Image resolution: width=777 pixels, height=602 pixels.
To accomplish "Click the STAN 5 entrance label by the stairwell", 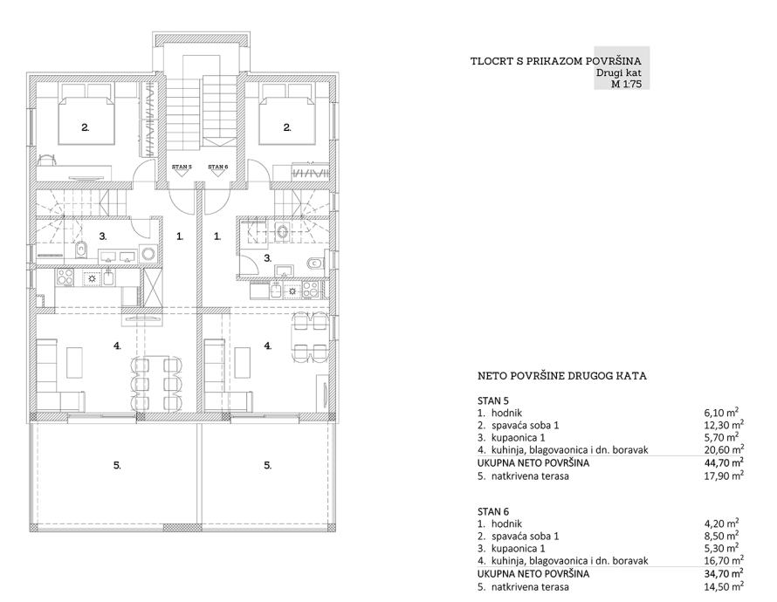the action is (x=182, y=167).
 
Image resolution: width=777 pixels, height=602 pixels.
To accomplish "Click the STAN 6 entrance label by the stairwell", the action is (x=218, y=167).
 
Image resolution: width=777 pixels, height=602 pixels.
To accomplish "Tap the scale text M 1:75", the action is (x=626, y=84).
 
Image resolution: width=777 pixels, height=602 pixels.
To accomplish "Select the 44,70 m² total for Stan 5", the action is (x=724, y=463).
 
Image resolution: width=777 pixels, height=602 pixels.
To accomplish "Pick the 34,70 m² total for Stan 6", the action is (x=724, y=574).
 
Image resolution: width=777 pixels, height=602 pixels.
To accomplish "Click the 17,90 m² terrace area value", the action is (x=724, y=475).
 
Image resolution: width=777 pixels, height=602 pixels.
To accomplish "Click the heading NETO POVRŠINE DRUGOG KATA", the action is (x=562, y=376).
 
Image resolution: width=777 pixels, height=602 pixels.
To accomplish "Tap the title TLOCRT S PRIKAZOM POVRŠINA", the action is (x=556, y=61).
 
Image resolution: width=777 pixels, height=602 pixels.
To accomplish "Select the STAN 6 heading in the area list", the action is (x=493, y=511).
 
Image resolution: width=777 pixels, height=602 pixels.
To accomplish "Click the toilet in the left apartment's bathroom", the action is (x=81, y=250).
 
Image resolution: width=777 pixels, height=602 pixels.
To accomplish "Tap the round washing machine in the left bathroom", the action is (x=148, y=254).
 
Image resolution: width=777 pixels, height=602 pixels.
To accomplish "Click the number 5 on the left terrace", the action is (x=117, y=465).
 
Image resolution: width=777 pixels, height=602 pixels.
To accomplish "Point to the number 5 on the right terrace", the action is (x=268, y=465).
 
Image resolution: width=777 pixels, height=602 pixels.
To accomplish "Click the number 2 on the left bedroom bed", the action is (x=86, y=127).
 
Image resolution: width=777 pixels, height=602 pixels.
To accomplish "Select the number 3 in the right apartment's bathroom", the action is (x=268, y=258).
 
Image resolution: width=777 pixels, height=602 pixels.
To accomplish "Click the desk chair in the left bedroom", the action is (x=46, y=159).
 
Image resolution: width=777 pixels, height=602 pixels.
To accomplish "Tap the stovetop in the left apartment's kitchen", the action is (x=65, y=277).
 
